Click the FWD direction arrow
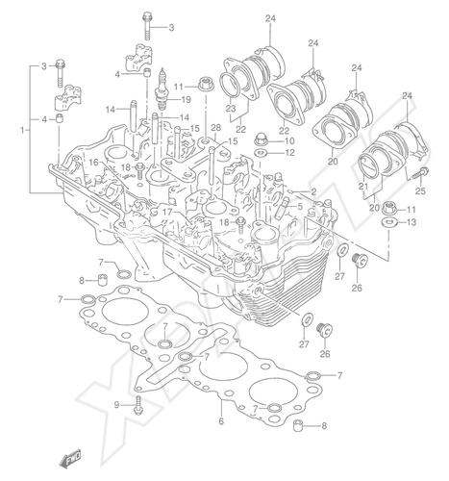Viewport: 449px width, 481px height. click(x=70, y=458)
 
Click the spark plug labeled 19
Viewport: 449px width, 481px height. click(x=163, y=89)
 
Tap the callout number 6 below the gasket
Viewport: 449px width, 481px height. click(x=221, y=421)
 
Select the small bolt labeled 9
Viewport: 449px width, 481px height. click(x=138, y=405)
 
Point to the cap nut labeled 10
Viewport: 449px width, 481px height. click(x=262, y=140)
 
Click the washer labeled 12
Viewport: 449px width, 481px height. click(x=262, y=153)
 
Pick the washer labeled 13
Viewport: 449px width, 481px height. click(x=388, y=221)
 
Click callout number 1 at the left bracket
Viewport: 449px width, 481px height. click(x=23, y=131)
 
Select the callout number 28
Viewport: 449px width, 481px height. click(x=215, y=128)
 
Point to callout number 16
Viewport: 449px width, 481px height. click(x=93, y=163)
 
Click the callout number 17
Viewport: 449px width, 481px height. click(x=166, y=213)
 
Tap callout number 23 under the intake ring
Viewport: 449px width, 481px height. click(x=231, y=109)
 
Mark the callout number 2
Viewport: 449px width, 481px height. click(x=313, y=191)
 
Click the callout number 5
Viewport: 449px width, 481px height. click(x=300, y=206)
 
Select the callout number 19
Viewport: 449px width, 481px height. click(x=186, y=100)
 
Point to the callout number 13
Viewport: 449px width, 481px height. click(x=412, y=222)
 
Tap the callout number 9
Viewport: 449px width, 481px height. click(x=116, y=405)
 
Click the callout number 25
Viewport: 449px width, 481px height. click(x=420, y=191)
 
